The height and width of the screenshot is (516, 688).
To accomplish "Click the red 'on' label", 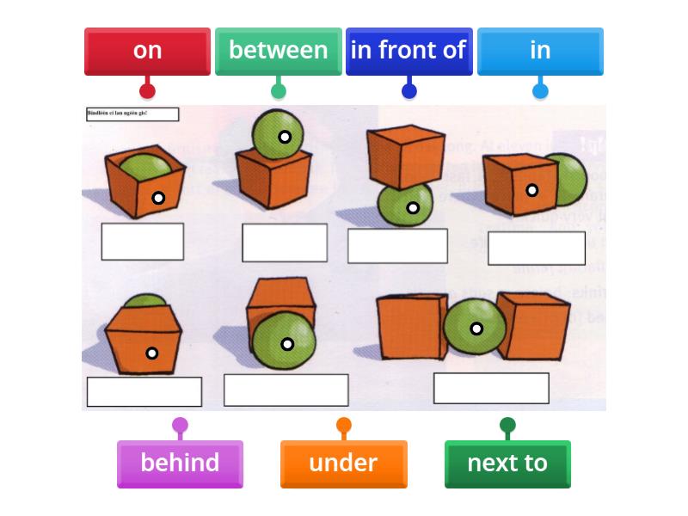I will (147, 51).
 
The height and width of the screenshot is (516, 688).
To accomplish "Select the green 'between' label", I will (278, 51).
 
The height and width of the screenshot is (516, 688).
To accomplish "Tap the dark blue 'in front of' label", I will (408, 51).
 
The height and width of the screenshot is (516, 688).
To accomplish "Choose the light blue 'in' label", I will (540, 51).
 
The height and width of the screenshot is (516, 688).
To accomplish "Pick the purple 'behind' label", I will (180, 464).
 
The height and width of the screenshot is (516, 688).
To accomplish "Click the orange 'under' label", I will (343, 464).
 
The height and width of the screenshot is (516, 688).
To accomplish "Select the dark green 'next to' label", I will (507, 464).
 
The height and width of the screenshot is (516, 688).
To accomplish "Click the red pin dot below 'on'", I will (147, 90).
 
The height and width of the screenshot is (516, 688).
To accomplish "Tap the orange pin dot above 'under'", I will (344, 425).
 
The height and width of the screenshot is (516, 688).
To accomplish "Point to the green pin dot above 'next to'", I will (507, 425).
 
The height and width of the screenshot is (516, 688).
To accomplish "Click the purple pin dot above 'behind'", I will (180, 425).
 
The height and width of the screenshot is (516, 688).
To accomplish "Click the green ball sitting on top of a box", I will (277, 133).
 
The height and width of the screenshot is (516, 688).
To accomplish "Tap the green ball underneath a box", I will (406, 205).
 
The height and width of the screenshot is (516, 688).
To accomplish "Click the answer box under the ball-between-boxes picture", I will (491, 388).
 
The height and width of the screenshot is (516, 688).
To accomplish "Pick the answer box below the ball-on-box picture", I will (285, 243).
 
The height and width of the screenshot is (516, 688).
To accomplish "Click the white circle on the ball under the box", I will (413, 208).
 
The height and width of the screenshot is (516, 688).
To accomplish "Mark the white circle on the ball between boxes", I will (476, 329).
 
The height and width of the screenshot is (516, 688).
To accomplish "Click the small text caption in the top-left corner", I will (132, 114).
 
